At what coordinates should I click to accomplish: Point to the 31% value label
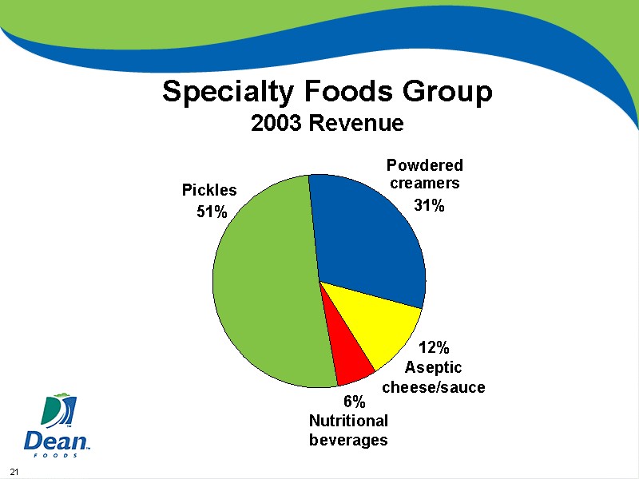[429, 205]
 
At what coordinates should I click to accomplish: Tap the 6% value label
[354, 401]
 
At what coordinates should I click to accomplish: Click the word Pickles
[209, 190]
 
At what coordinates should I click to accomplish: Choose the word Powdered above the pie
[424, 165]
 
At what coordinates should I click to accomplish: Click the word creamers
[424, 183]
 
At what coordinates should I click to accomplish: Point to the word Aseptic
[433, 367]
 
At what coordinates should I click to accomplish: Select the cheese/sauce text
[434, 387]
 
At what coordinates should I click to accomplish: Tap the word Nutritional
[348, 421]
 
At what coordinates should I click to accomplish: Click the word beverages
[348, 440]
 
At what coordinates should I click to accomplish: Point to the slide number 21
[13, 469]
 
